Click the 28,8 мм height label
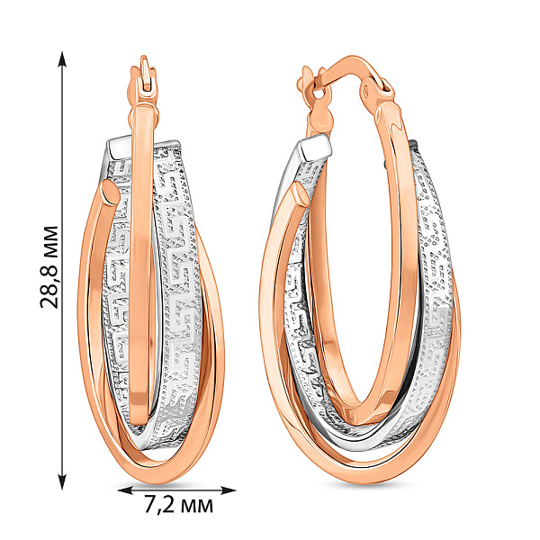tap(49, 267)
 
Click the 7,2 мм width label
tap(177, 506)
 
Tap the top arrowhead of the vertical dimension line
tap(62, 59)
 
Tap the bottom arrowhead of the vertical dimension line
tap(62, 481)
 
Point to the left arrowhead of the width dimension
tap(125, 490)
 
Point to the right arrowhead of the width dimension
tap(228, 490)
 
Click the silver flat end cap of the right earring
tap(315, 146)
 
